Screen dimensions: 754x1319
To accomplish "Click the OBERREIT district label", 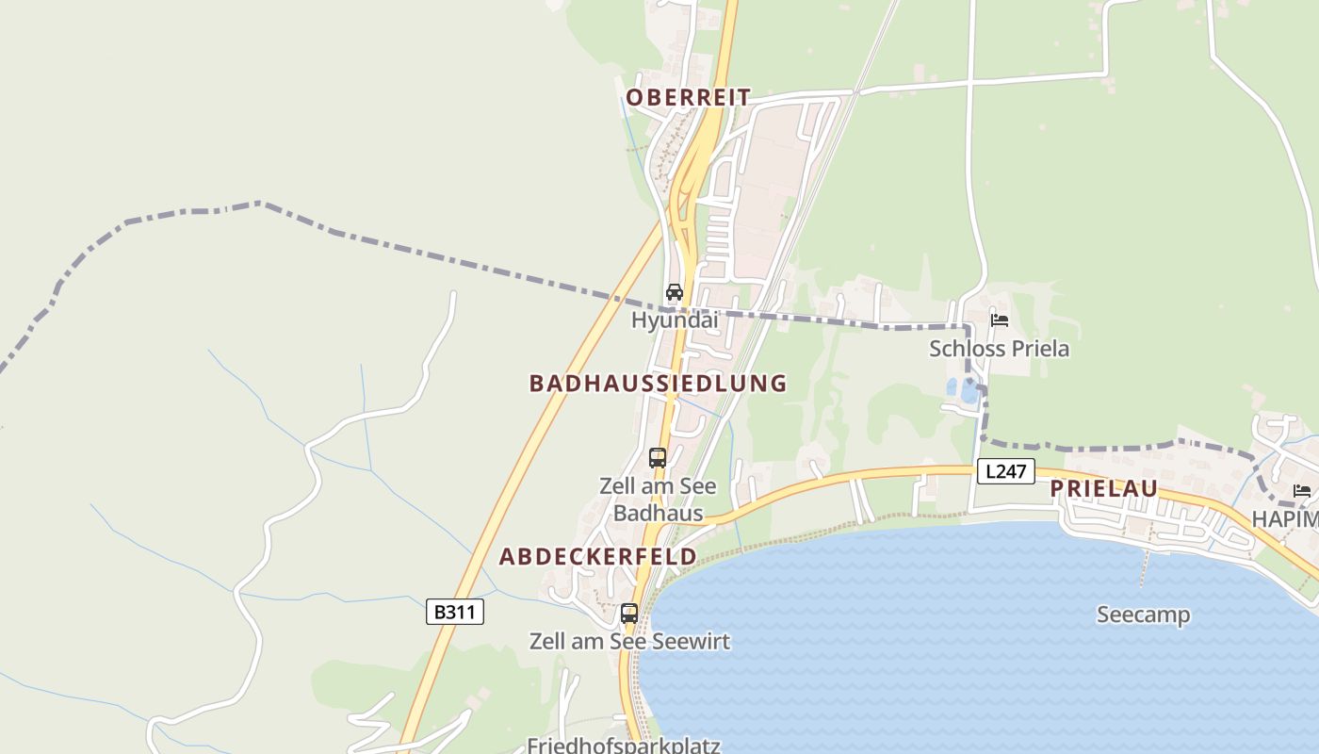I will [689, 97].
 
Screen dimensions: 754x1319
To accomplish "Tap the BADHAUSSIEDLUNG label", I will [658, 384].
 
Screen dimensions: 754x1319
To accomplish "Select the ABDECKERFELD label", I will [598, 556].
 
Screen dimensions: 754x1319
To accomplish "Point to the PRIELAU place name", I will [1103, 488].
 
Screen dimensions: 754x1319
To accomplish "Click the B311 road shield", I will [455, 612].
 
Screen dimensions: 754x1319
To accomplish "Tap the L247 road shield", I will [1006, 471].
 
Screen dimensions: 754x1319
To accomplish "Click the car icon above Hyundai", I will [675, 292].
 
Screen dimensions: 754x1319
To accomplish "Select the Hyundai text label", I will [675, 320].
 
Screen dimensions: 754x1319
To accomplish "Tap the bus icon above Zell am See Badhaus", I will [658, 458].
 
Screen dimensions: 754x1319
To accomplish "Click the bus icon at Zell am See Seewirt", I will [629, 614].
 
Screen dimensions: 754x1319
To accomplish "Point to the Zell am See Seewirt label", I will [629, 642].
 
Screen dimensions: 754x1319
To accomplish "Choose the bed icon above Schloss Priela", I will [1000, 320].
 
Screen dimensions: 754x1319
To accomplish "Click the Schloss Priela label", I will [1000, 349].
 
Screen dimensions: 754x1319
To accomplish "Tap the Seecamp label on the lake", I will [1143, 615].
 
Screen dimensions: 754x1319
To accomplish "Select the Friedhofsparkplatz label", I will [624, 746].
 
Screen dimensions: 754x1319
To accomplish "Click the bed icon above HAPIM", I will [1302, 490].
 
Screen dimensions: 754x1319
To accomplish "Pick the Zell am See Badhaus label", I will [658, 500].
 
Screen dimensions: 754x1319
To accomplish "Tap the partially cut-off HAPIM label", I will [1285, 519].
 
